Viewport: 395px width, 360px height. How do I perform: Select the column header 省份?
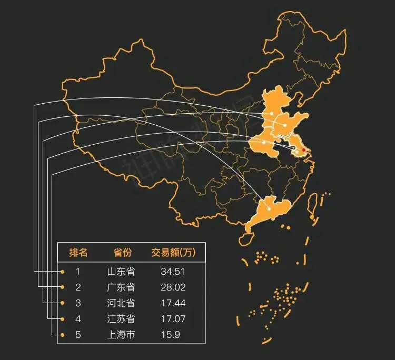[x=122, y=253]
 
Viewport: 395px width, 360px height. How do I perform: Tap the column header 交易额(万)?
[x=173, y=253]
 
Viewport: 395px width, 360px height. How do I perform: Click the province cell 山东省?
[x=121, y=272]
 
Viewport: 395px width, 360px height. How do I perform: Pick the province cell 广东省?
[x=121, y=287]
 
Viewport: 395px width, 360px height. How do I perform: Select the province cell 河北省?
[x=121, y=303]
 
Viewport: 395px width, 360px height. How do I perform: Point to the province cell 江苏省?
[x=121, y=319]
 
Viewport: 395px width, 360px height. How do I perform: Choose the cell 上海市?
[x=121, y=335]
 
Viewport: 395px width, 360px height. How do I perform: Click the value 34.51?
[x=173, y=272]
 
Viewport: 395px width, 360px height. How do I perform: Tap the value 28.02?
[x=173, y=287]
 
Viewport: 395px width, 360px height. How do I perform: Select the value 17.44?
[x=173, y=303]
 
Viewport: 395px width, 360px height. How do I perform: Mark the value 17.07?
[x=173, y=319]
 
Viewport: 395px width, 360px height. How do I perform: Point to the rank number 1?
[x=78, y=272]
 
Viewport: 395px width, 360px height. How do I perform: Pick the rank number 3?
[x=78, y=303]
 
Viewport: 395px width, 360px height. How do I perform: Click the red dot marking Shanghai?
[x=303, y=150]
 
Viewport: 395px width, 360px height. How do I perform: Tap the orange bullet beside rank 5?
[x=63, y=335]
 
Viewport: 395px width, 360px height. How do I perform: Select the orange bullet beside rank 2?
[x=63, y=287]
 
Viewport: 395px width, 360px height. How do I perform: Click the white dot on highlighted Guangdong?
[x=269, y=209]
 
